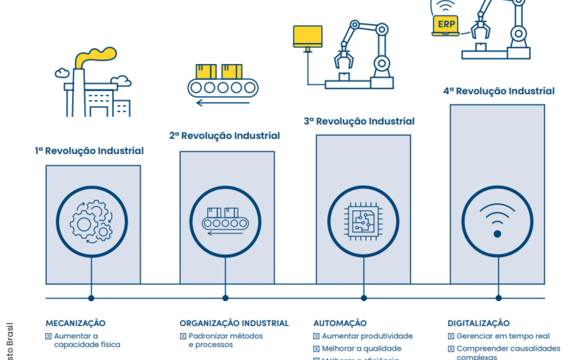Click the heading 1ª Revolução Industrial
[89, 151]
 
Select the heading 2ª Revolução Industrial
[225, 135]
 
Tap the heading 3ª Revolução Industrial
[364, 122]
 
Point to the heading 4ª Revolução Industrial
[498, 91]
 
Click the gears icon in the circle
[91, 220]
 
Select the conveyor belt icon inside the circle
[225, 220]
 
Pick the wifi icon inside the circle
[497, 220]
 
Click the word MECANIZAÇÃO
[76, 323]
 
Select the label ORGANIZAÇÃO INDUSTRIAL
[234, 323]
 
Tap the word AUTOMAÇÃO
[340, 323]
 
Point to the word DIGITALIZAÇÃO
[478, 323]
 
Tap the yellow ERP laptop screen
[445, 25]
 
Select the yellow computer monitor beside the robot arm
[307, 36]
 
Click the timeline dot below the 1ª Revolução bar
[91, 297]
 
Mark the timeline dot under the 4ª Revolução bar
[497, 297]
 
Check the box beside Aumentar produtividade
[317, 336]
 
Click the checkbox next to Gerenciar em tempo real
[451, 336]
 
